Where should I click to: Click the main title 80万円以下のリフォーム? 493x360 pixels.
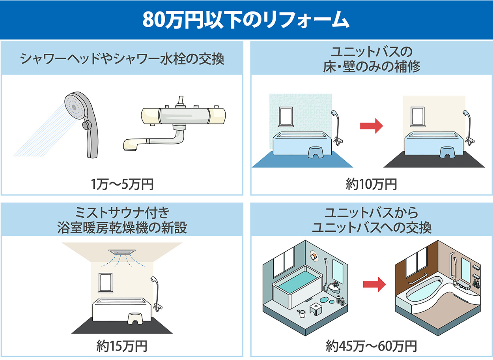tap(246, 20)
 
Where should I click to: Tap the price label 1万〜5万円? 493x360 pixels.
tap(122, 184)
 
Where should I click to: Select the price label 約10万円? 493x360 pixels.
tap(371, 184)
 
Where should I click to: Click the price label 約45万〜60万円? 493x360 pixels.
tap(371, 346)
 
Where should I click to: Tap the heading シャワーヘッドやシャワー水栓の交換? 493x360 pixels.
tap(122, 60)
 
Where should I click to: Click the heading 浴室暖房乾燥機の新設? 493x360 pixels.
tap(122, 228)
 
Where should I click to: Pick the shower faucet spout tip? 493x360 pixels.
tap(130, 145)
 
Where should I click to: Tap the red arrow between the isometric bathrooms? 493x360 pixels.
tap(374, 283)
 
